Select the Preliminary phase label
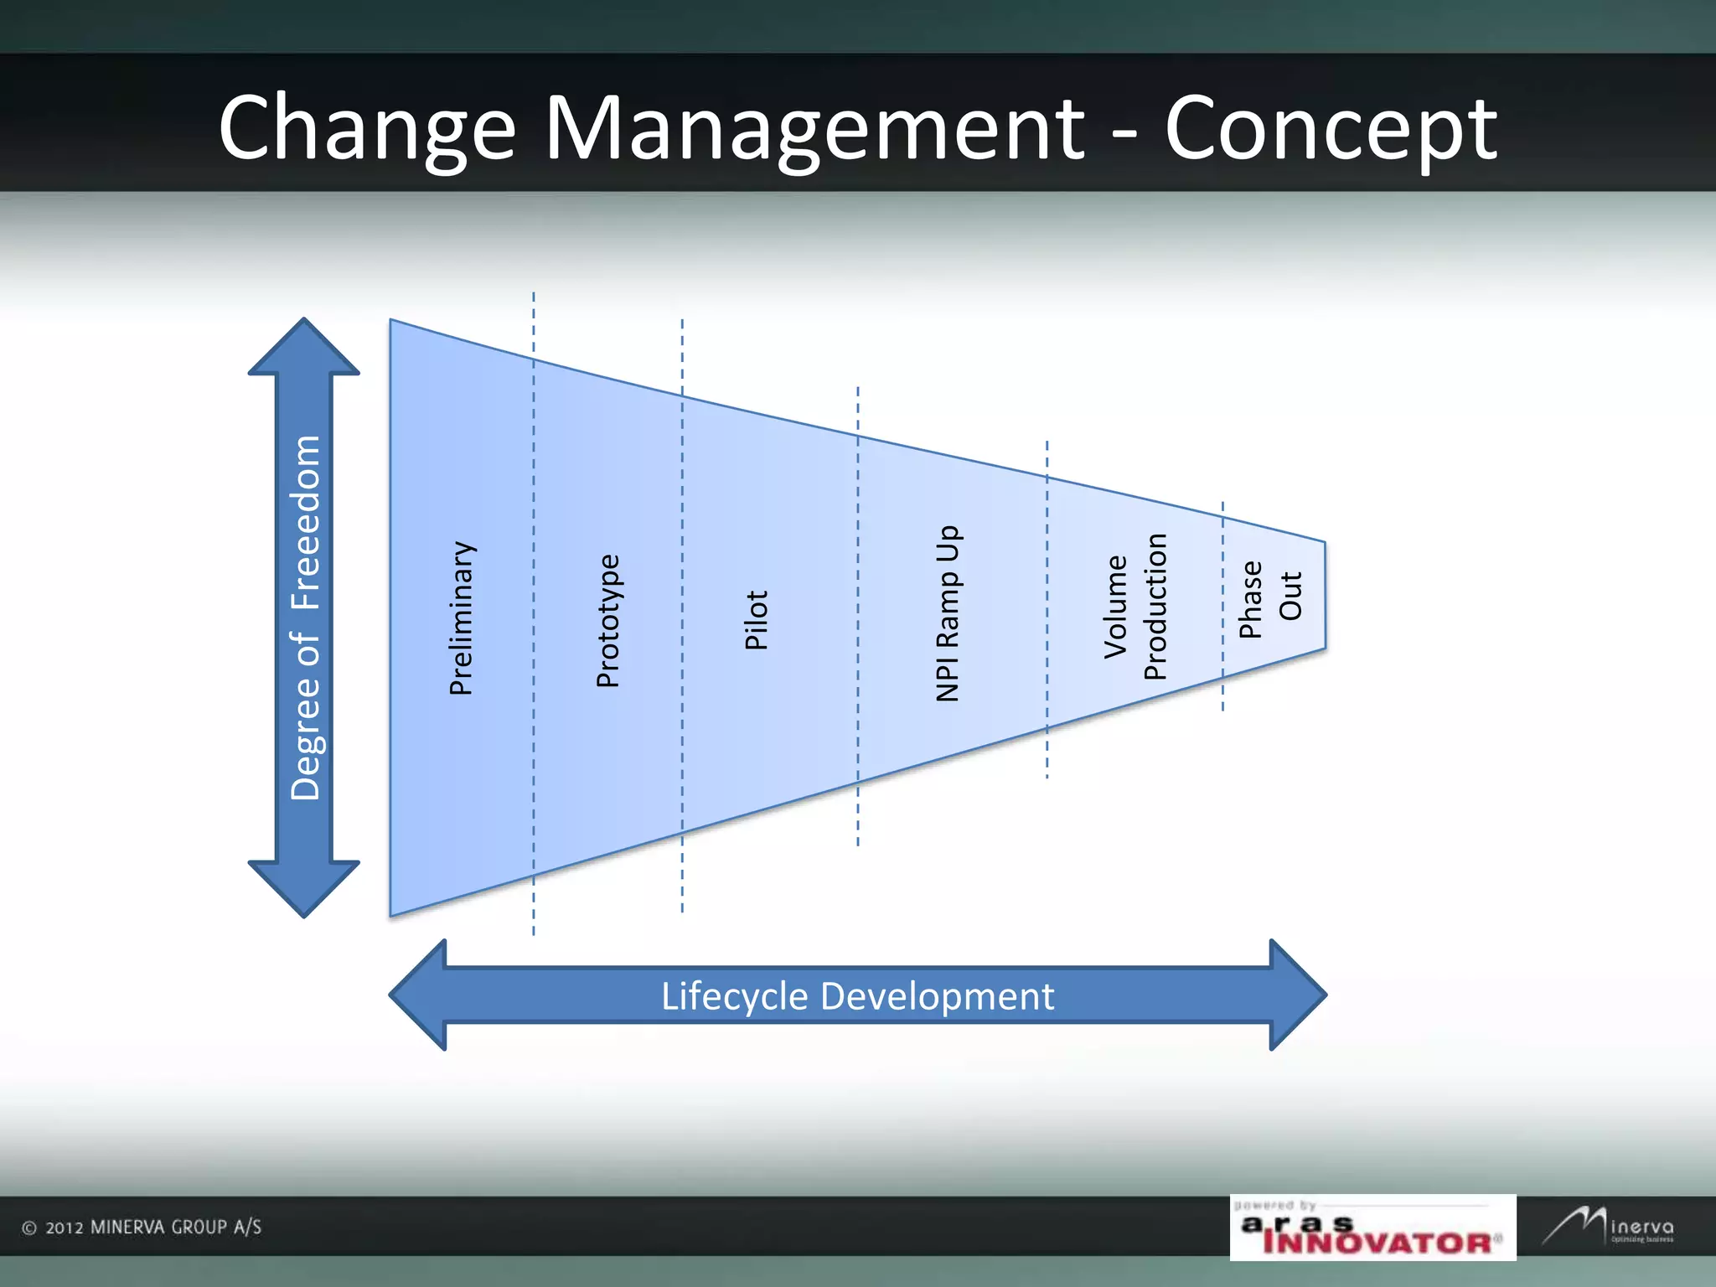tap(462, 618)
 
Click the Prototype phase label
tap(608, 621)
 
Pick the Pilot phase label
tap(757, 620)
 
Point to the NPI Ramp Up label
tap(948, 613)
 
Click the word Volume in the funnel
tap(1116, 607)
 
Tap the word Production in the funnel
tap(1155, 607)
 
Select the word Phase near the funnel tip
tap(1251, 600)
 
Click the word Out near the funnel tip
tap(1290, 596)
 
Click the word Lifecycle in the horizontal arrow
tap(735, 996)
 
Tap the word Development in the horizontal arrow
tap(937, 996)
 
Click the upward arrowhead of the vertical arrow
tap(304, 348)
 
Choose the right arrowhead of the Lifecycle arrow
tap(1296, 995)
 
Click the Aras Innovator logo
tap(1372, 1228)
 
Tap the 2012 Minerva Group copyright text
tap(142, 1228)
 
